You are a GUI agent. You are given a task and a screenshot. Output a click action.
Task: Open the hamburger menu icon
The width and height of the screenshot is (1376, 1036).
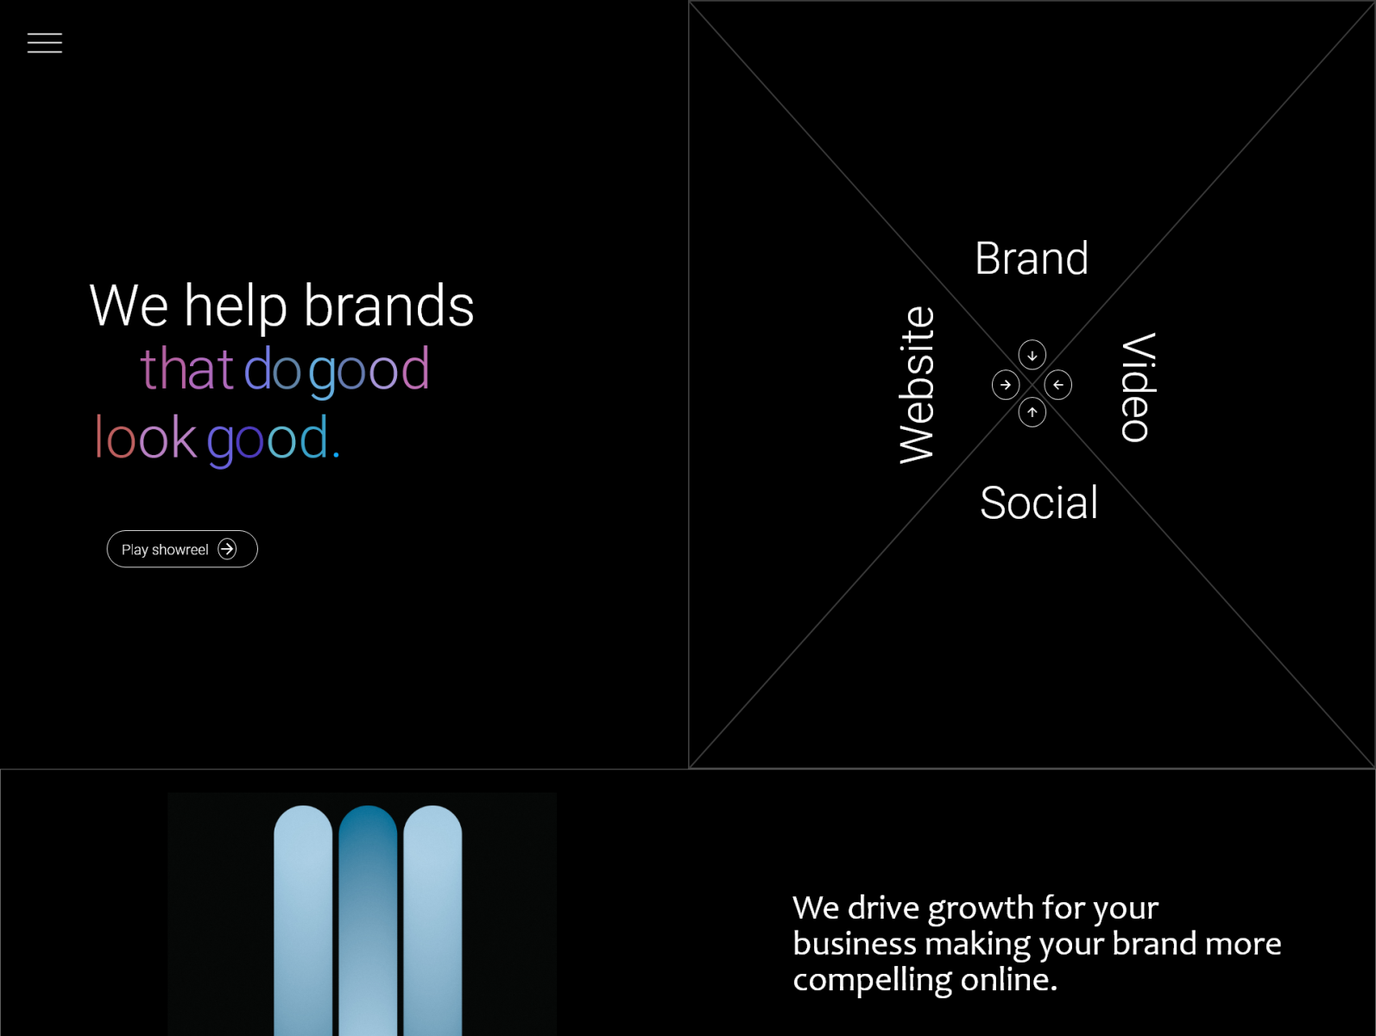click(x=45, y=42)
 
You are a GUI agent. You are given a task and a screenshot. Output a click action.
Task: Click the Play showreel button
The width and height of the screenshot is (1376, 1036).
click(x=182, y=549)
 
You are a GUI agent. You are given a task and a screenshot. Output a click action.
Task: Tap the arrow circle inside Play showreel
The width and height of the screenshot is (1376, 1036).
click(x=227, y=549)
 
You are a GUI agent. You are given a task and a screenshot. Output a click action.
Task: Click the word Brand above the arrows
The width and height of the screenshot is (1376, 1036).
click(x=1032, y=258)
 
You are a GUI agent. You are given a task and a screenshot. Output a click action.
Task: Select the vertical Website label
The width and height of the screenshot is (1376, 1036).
click(x=917, y=385)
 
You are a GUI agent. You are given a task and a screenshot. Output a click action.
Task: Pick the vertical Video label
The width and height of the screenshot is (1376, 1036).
click(x=1138, y=388)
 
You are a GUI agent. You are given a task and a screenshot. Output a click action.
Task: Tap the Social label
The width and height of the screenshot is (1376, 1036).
click(x=1038, y=502)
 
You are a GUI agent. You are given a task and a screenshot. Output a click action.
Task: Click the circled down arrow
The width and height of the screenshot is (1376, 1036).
click(x=1032, y=355)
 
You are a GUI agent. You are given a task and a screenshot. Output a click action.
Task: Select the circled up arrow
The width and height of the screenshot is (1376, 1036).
click(x=1032, y=413)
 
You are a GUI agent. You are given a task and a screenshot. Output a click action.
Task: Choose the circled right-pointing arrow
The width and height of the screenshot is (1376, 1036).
click(x=1006, y=385)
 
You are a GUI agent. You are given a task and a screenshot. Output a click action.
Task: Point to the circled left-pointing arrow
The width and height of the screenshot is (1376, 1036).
click(x=1058, y=385)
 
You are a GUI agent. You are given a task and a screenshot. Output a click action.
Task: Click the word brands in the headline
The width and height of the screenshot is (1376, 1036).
click(x=388, y=306)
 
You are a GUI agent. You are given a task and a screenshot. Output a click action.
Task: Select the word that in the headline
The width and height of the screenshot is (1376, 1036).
click(x=186, y=369)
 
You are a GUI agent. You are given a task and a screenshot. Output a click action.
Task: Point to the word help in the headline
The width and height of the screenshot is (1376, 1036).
click(x=236, y=307)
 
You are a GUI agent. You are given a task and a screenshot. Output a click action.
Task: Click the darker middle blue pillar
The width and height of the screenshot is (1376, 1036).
click(x=368, y=920)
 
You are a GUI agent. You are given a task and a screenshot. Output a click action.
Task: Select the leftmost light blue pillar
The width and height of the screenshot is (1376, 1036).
click(x=303, y=920)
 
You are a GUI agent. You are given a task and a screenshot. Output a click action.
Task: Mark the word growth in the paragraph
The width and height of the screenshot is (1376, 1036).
click(x=981, y=909)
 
